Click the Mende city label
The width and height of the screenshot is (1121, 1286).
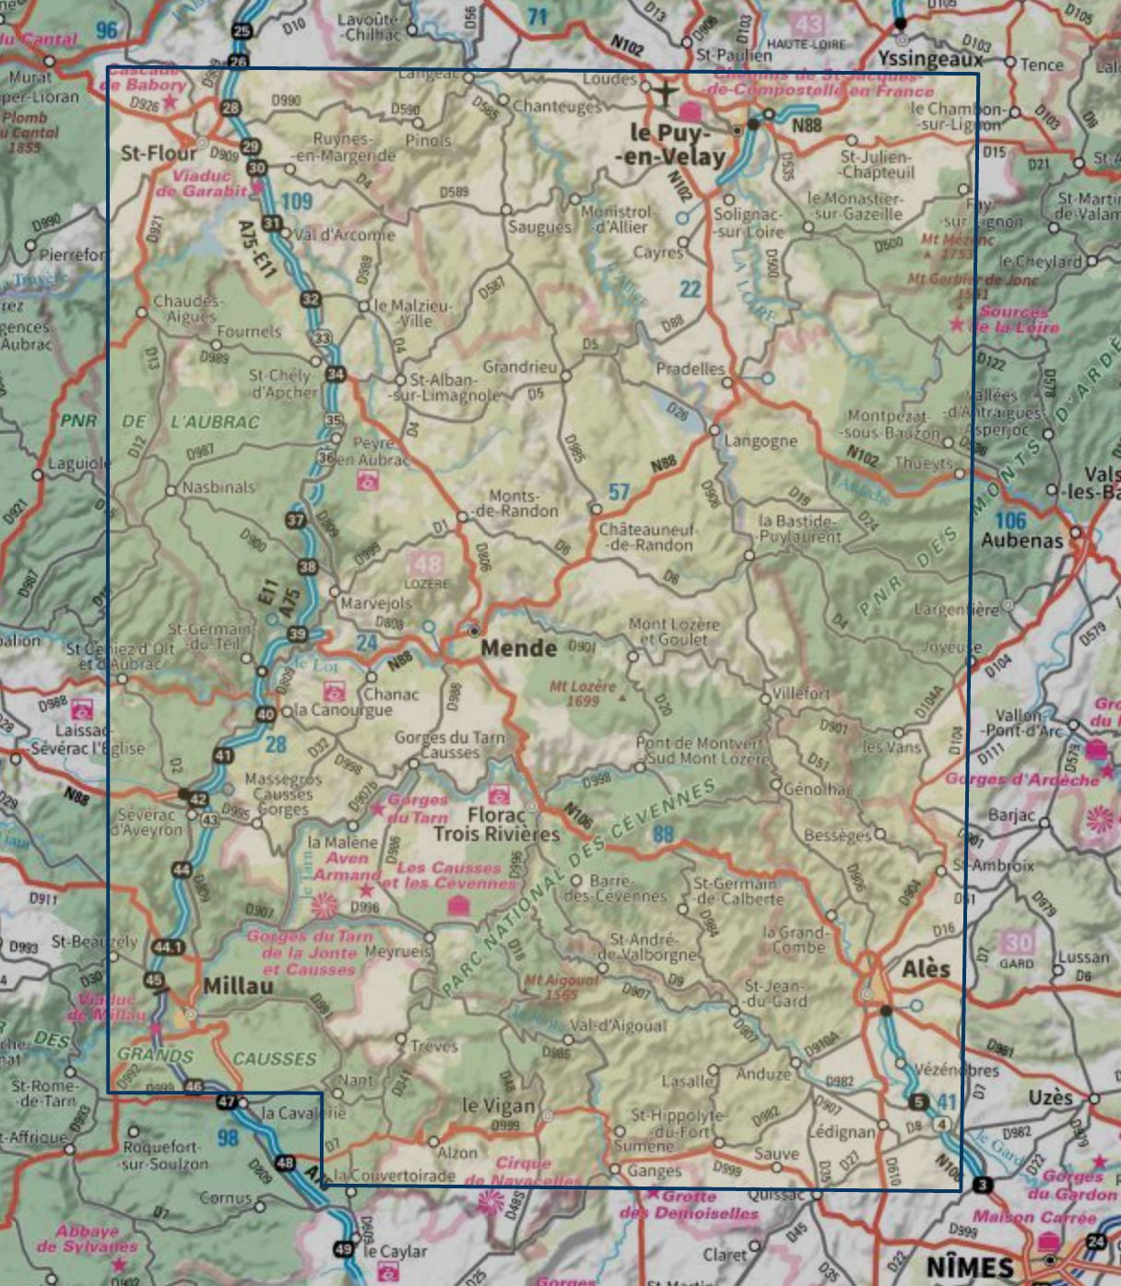tap(519, 648)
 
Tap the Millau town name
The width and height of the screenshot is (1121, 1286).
tap(238, 986)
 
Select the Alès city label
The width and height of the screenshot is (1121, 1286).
tap(926, 969)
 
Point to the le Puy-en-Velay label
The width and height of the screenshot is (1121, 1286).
tap(671, 145)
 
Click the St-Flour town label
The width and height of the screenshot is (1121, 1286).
tap(159, 152)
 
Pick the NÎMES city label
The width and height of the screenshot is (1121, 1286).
tap(970, 1266)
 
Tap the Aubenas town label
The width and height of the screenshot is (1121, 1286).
tap(1021, 540)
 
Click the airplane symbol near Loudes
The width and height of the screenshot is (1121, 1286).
tap(665, 92)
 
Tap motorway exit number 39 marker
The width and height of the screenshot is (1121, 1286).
tap(297, 634)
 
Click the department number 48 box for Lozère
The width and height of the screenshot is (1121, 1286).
tap(427, 564)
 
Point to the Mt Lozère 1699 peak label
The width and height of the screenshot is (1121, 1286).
tap(583, 693)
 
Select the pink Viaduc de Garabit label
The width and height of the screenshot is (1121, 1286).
tap(201, 183)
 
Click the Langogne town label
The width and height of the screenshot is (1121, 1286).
tap(761, 440)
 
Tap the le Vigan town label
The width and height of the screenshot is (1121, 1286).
tap(498, 1105)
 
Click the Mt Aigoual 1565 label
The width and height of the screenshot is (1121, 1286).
tap(560, 988)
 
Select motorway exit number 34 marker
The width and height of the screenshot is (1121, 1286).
tap(335, 374)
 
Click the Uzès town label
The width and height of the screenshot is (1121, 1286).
tap(1050, 1097)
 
